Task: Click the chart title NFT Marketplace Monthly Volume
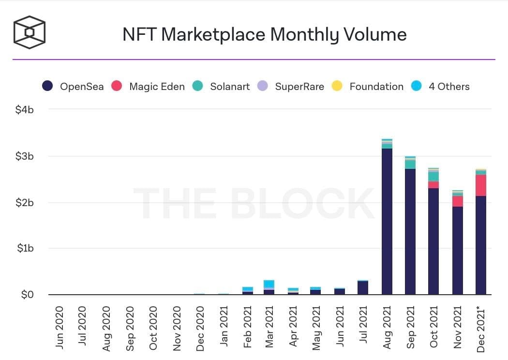[264, 34]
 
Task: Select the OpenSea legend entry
[73, 87]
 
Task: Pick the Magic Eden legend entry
[148, 87]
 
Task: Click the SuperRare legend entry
[290, 87]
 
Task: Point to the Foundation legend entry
[368, 87]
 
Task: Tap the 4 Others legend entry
[440, 87]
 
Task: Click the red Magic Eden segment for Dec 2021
[481, 185]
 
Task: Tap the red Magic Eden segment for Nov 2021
[457, 201]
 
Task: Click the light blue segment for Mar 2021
[269, 284]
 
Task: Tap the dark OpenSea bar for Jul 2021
[363, 288]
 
